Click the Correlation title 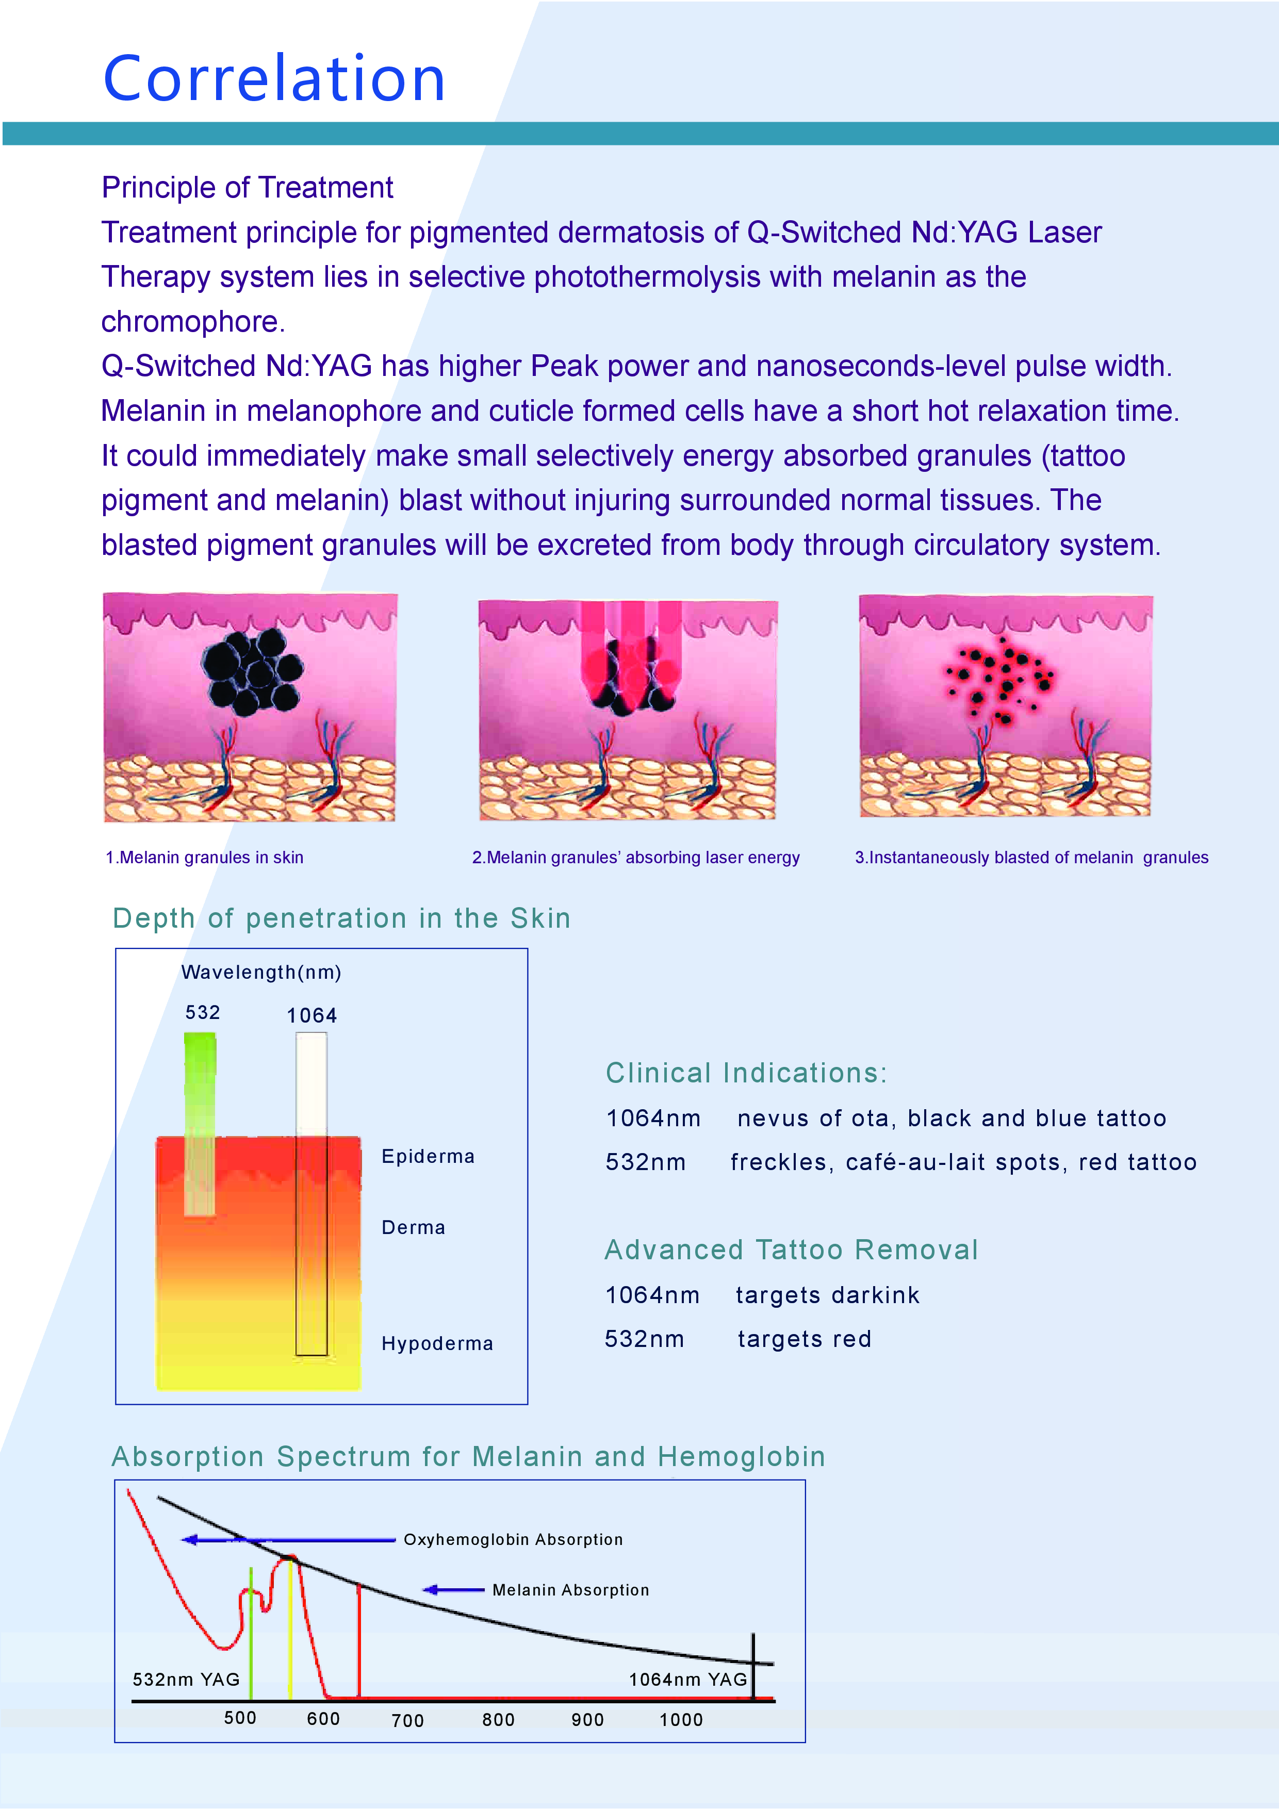click(274, 79)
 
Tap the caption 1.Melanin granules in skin click(204, 857)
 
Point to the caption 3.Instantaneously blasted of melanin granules click(1031, 857)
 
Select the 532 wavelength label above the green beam click(203, 1012)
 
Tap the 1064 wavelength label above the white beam click(311, 1015)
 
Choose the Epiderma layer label click(428, 1157)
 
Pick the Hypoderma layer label click(437, 1343)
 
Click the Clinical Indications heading click(746, 1073)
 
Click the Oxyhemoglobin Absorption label click(513, 1539)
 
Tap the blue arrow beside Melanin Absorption click(453, 1590)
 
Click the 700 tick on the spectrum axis click(407, 1721)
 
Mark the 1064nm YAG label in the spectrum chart click(687, 1680)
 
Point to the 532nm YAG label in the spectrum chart click(186, 1680)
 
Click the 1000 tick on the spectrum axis click(681, 1720)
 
